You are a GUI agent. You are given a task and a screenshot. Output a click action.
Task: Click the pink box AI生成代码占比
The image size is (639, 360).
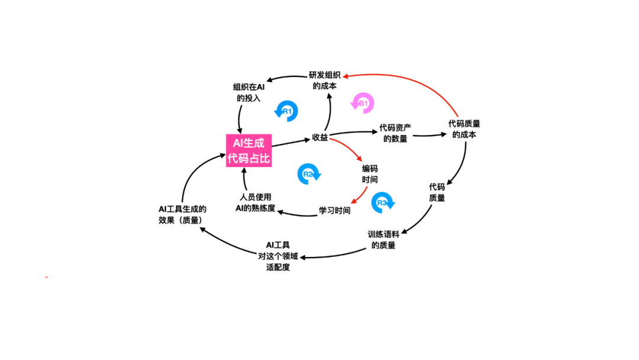click(x=249, y=150)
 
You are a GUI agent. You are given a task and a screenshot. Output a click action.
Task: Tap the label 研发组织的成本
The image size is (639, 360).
click(x=324, y=81)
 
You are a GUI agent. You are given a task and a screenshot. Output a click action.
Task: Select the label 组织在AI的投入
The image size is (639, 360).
click(x=248, y=92)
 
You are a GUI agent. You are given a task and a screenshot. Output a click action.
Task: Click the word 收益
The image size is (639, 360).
click(x=319, y=138)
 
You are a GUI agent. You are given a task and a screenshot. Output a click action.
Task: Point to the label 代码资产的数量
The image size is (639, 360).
click(x=395, y=133)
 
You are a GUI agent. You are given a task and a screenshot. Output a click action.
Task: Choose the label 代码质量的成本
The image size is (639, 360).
click(x=464, y=129)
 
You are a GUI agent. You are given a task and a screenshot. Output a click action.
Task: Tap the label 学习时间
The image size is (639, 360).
click(x=335, y=210)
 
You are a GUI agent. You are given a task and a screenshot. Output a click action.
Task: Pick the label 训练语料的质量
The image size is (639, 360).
click(x=383, y=239)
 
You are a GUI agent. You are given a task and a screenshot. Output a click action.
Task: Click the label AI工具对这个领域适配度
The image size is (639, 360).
click(x=278, y=256)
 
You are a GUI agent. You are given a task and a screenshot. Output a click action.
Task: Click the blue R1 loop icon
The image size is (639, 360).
click(x=287, y=111)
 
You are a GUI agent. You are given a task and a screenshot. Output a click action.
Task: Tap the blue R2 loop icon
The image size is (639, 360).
click(x=309, y=173)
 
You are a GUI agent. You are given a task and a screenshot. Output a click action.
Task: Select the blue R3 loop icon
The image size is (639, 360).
click(x=383, y=202)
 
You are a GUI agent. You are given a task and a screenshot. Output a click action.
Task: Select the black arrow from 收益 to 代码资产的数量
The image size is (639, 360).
click(x=352, y=133)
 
